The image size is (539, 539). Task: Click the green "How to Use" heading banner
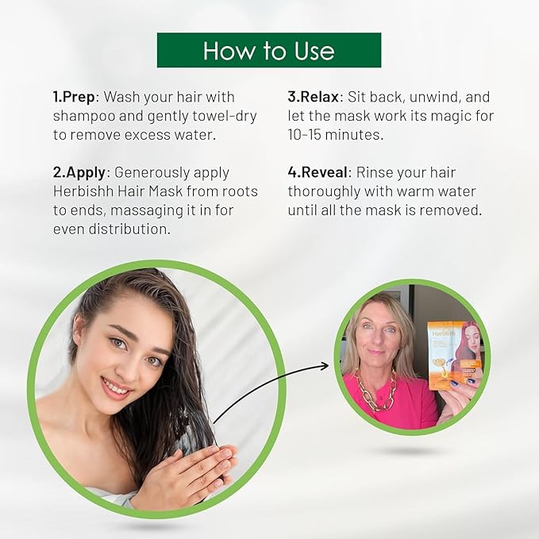269,50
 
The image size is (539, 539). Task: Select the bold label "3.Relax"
314,97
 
